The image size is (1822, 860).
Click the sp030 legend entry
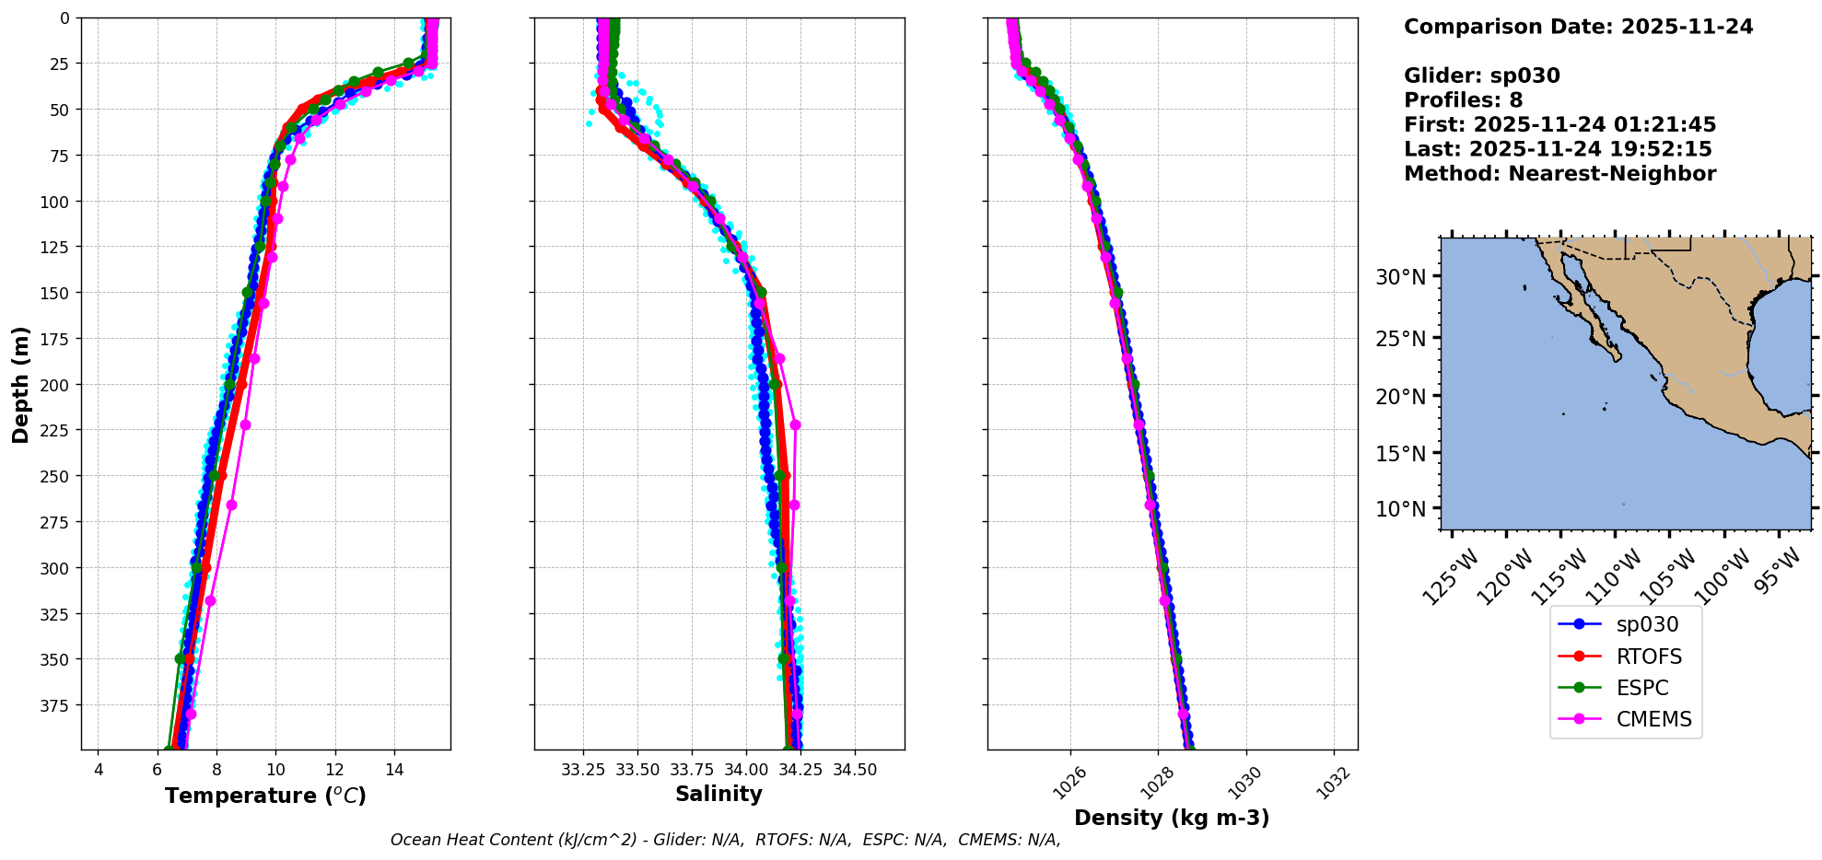pos(1646,624)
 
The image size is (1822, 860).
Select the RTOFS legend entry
pos(1648,657)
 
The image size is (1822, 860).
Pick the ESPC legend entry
pos(1641,688)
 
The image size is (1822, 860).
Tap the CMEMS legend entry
pos(1653,720)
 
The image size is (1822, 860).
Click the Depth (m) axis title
pos(20,384)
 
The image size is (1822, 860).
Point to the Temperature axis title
pos(265,796)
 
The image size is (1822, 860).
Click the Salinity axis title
pos(718,794)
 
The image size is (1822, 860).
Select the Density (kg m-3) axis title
pos(1172,818)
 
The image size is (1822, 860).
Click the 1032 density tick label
pos(1333,783)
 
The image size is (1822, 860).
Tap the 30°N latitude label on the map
pos(1400,277)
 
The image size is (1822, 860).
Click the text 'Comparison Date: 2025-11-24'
pos(1578,27)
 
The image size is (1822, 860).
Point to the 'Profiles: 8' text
pos(1463,100)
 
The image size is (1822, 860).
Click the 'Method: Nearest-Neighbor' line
pos(1559,174)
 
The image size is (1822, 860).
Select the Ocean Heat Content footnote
pos(725,840)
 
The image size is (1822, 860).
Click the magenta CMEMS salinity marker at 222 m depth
pos(795,425)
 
